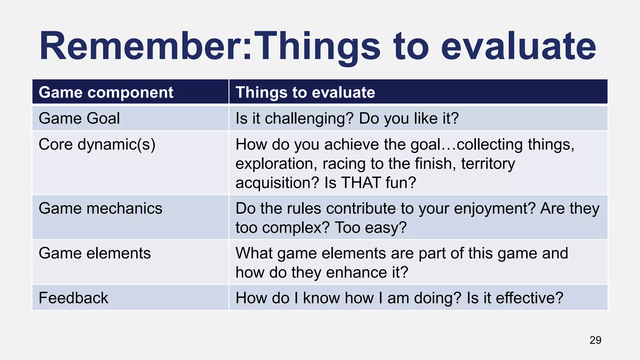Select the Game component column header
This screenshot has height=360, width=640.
[x=106, y=92]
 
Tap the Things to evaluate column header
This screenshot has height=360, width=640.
[x=305, y=92]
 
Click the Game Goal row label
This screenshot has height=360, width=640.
[x=79, y=118]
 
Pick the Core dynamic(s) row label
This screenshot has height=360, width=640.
[x=97, y=145]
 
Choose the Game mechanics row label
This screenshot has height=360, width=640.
[x=100, y=208]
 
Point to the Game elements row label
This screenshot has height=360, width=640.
[x=95, y=253]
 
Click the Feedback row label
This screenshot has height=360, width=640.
[x=73, y=298]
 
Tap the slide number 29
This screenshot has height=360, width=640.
[x=595, y=340]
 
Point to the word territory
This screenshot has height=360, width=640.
[x=488, y=164]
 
